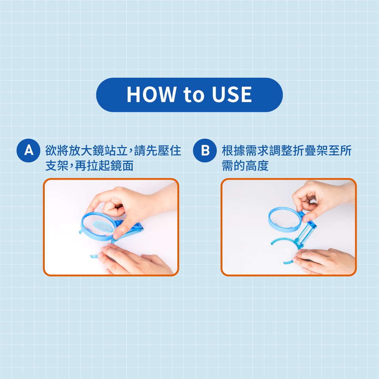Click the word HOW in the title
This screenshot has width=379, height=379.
coord(151,94)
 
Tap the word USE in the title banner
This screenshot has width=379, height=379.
coord(232,94)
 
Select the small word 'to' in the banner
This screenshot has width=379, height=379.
coord(194,95)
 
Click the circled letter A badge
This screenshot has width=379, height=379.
coord(28,150)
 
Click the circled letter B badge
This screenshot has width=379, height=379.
coord(205,150)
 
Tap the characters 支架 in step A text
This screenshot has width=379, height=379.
coord(57,166)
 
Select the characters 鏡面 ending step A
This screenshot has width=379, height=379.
coord(122,166)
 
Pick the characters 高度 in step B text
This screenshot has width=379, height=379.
coord(257,166)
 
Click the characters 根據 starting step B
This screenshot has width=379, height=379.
coord(233,150)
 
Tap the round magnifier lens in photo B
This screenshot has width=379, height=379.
coord(285,219)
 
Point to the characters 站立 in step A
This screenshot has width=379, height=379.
coord(116,150)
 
